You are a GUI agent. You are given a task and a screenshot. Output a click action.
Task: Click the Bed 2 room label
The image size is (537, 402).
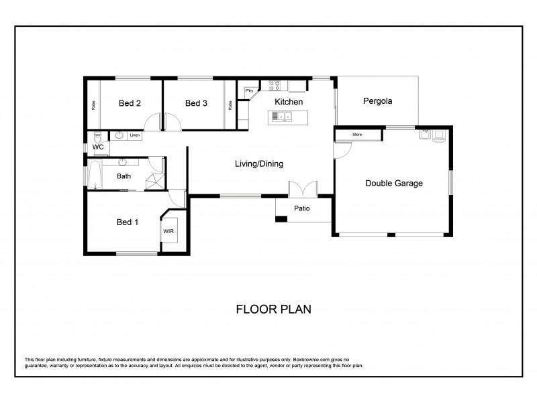[130, 103]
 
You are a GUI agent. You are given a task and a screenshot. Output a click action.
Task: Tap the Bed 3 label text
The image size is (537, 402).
[196, 103]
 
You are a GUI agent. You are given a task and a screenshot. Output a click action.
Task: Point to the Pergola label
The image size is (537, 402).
[377, 102]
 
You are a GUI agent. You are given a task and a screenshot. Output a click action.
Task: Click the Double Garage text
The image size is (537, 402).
[393, 183]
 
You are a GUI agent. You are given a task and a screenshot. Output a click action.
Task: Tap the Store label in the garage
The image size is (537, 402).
[357, 135]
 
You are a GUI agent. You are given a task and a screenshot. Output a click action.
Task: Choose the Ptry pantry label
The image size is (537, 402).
[248, 90]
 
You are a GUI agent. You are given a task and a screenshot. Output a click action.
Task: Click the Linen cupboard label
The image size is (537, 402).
[135, 135]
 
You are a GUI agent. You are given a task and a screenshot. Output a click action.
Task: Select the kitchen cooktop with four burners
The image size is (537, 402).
[275, 85]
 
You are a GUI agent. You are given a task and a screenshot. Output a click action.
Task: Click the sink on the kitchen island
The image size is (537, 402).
[279, 117]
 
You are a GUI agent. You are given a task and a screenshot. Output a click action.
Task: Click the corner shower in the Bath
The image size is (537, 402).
[154, 180]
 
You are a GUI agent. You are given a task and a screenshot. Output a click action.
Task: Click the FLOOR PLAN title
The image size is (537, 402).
[273, 310]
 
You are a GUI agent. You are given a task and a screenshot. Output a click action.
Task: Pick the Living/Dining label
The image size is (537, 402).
[258, 164]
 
